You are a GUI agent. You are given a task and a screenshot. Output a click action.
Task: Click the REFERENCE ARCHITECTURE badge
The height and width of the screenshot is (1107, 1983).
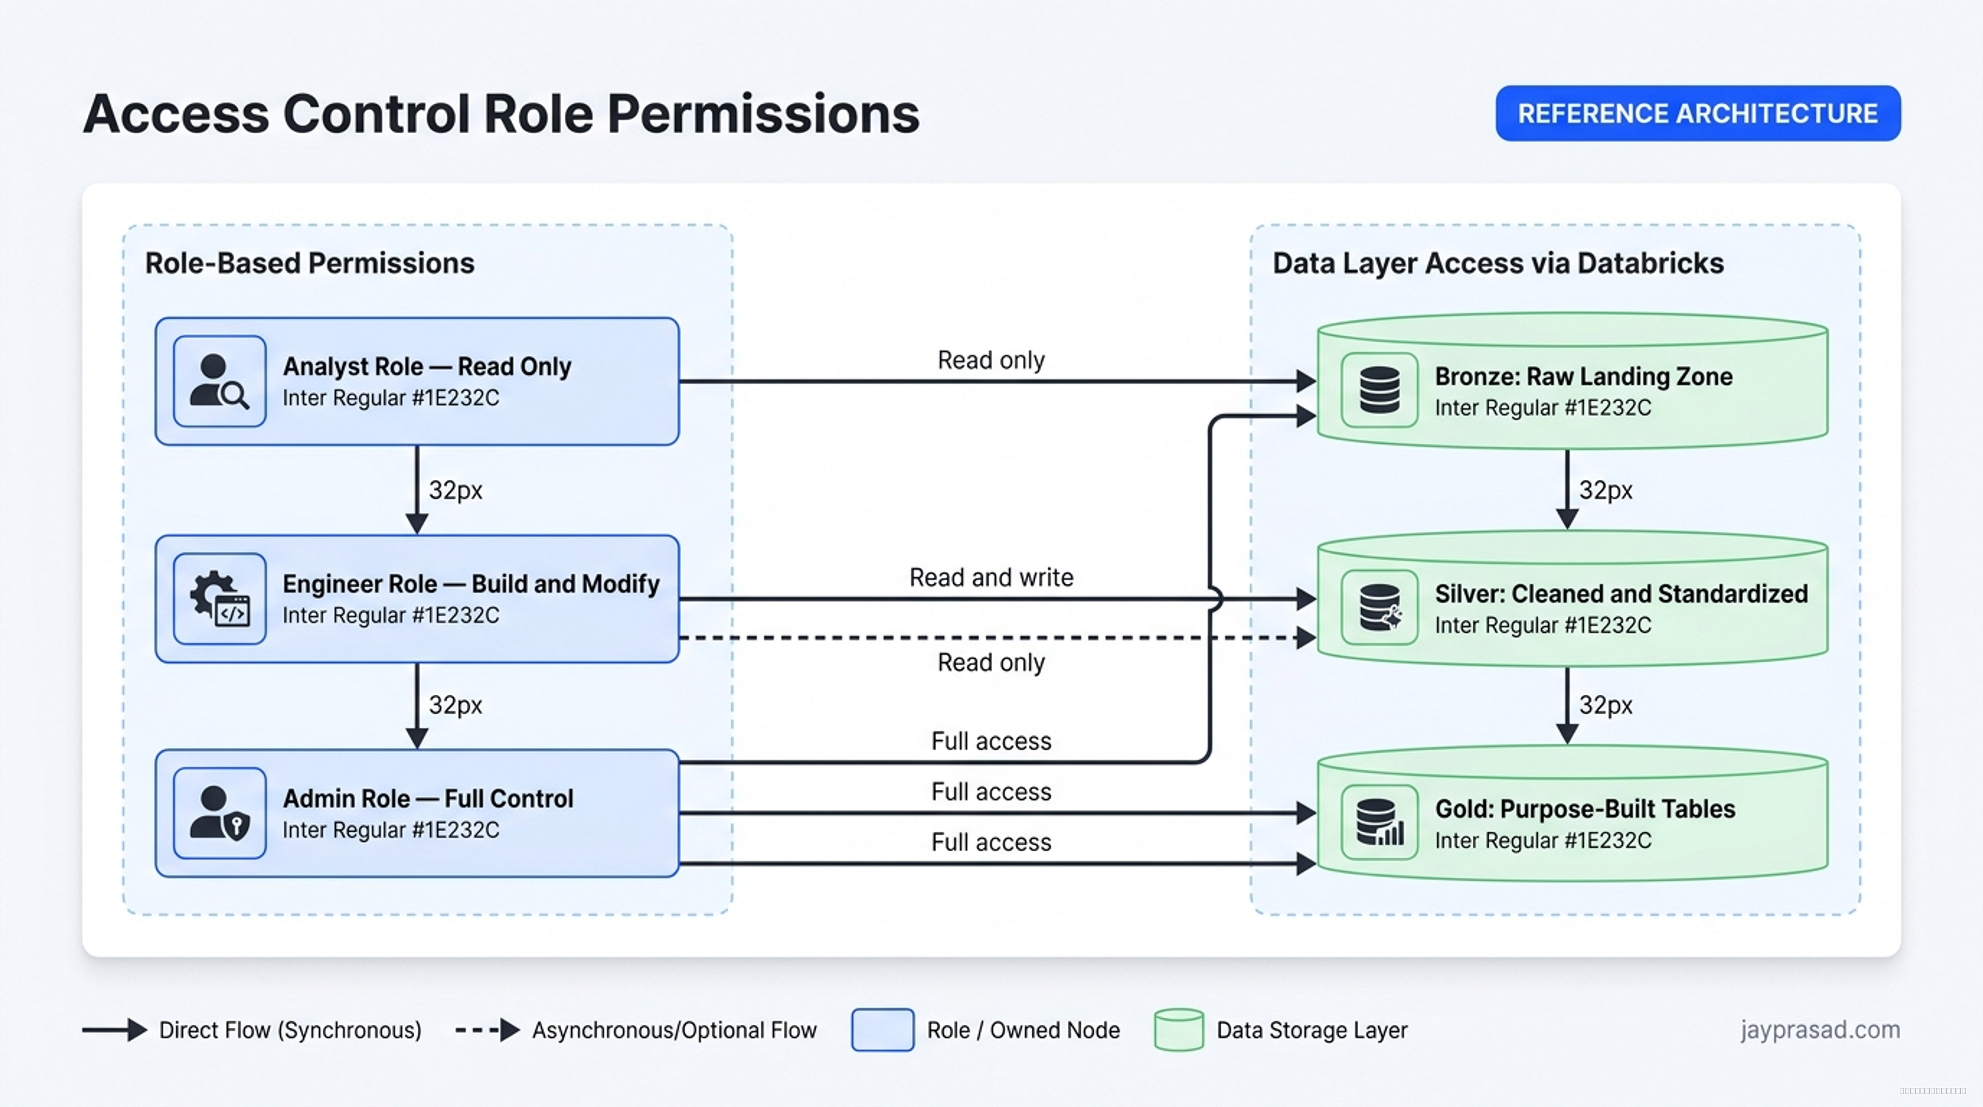pyautogui.click(x=1697, y=113)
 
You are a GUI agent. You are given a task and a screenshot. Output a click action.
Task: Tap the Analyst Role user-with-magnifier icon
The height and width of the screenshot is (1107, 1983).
pyautogui.click(x=219, y=381)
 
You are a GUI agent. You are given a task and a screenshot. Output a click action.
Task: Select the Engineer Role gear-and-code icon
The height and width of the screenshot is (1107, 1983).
pyautogui.click(x=219, y=598)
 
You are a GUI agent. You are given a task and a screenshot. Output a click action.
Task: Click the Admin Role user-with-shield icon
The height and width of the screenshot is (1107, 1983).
pyautogui.click(x=219, y=813)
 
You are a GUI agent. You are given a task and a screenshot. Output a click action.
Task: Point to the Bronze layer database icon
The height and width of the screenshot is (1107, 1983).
pyautogui.click(x=1379, y=389)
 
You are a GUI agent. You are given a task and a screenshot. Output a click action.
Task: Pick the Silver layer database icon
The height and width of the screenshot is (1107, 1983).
pyautogui.click(x=1379, y=606)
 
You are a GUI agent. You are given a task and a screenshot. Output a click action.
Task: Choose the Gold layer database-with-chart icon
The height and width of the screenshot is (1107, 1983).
pyautogui.click(x=1379, y=821)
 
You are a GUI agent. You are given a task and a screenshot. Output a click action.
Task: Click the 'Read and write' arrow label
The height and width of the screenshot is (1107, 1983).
pyautogui.click(x=991, y=578)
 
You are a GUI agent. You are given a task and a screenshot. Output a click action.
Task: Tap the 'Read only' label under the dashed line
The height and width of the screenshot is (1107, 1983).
pyautogui.click(x=991, y=663)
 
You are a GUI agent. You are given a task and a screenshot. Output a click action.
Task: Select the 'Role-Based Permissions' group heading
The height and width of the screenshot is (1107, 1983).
pyautogui.click(x=309, y=263)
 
